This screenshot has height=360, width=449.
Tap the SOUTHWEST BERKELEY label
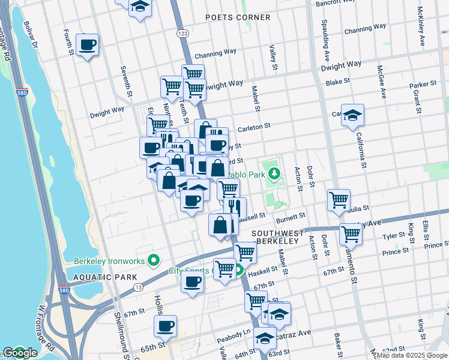(275, 236)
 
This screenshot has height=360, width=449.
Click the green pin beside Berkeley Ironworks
(153, 261)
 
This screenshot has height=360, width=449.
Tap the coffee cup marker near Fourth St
(87, 44)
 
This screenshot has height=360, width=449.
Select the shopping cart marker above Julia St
(339, 200)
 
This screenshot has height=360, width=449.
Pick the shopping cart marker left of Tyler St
(351, 234)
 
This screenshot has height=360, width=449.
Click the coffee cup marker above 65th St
(165, 326)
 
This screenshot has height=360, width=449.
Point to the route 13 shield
(138, 287)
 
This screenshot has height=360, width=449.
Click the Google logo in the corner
(20, 353)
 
